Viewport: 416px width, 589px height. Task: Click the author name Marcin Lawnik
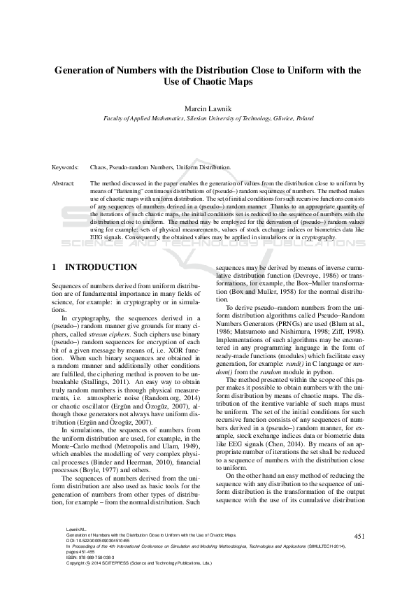click(x=208, y=110)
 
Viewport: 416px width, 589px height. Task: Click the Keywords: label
click(x=66, y=168)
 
